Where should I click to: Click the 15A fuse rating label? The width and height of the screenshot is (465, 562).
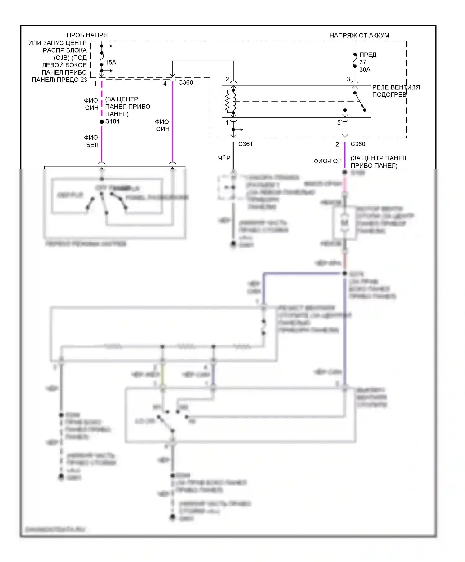point(111,63)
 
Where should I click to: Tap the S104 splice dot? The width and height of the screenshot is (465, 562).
point(102,122)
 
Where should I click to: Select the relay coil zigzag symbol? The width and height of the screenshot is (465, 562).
point(229,102)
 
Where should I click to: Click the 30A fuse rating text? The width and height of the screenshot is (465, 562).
point(365,70)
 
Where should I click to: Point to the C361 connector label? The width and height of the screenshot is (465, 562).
point(245,144)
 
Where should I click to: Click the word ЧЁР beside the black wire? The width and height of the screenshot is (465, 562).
point(224,158)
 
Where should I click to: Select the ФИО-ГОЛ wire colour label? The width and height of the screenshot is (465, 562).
point(327,161)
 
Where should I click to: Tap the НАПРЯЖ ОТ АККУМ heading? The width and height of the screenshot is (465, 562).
point(359,36)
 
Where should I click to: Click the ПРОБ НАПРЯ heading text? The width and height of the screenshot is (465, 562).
point(87,35)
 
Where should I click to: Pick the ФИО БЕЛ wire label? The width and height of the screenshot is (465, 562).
point(92,141)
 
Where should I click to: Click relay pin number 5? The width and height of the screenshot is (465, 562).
point(339,123)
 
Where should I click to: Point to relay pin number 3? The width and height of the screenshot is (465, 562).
point(348,79)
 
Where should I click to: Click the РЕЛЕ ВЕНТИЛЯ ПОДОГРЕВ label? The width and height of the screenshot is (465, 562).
point(396,91)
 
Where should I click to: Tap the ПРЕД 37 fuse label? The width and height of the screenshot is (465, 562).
point(368,59)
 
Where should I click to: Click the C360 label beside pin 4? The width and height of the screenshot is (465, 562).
point(186,83)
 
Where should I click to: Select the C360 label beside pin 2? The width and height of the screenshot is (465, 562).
point(358,144)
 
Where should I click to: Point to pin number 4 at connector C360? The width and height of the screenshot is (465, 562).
point(165,84)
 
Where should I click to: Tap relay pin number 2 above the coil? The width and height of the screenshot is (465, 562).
point(227,79)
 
